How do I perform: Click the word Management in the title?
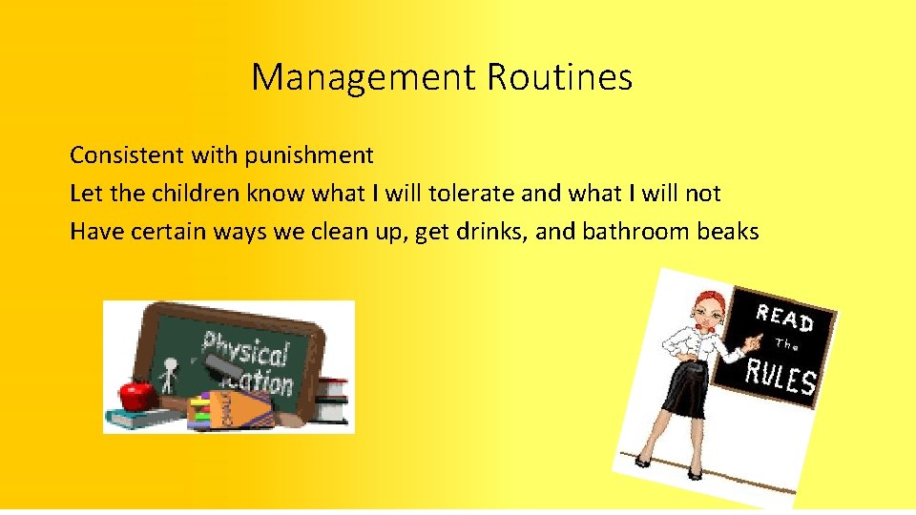tap(364, 77)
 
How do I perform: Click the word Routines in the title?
tap(559, 77)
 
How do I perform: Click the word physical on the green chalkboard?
tap(245, 348)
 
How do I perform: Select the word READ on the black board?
tap(784, 319)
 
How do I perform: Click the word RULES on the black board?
tap(781, 376)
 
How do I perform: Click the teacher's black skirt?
tap(685, 391)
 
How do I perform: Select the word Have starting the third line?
tap(93, 232)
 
